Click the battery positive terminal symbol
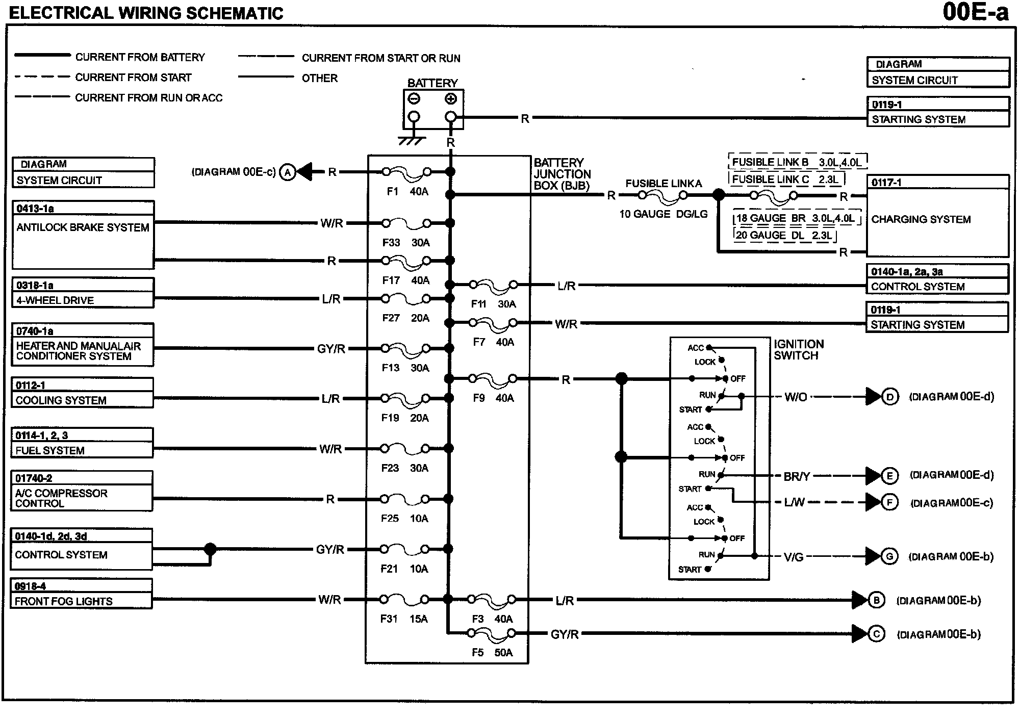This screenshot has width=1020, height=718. [x=451, y=99]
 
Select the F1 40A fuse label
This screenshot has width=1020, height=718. [x=407, y=192]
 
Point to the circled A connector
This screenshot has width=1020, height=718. [x=288, y=172]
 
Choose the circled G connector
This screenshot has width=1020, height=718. [x=889, y=556]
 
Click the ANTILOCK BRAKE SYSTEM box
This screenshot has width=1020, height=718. [x=83, y=235]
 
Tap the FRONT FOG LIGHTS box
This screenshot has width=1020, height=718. [x=82, y=594]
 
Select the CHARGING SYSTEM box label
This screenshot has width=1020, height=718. [x=921, y=219]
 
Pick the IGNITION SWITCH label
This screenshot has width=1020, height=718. [x=799, y=350]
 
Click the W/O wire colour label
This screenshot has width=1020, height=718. [x=796, y=397]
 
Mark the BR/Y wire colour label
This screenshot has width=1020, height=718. [x=797, y=477]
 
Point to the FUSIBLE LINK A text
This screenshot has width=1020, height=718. [x=664, y=184]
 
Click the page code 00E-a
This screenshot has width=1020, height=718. [x=976, y=12]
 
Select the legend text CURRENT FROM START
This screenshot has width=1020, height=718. [x=133, y=78]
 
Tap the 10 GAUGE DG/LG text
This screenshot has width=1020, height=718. [x=664, y=214]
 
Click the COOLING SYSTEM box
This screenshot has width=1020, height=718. [x=83, y=393]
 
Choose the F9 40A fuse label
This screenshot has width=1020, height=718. [x=493, y=398]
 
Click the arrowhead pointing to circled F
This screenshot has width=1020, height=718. [x=873, y=502]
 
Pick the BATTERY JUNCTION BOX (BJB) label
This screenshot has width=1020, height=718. [x=562, y=174]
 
